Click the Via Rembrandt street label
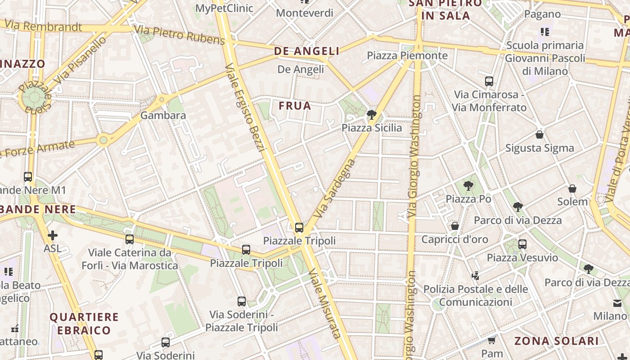click(44, 26)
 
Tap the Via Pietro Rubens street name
click(179, 35)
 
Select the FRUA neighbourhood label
click(295, 106)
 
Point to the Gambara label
click(163, 115)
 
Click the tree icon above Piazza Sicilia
click(371, 115)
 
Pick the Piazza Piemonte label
click(407, 55)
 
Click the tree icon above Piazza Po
click(468, 185)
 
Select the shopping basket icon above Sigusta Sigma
click(539, 135)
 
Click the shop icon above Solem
click(572, 188)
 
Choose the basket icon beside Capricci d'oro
click(454, 225)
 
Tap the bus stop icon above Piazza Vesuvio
click(522, 244)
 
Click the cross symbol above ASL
click(53, 235)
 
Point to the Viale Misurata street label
click(325, 304)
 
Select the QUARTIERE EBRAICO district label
click(84, 324)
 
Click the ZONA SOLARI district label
click(557, 341)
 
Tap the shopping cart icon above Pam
click(492, 340)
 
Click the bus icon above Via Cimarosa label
click(489, 81)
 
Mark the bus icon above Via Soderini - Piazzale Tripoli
click(242, 301)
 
